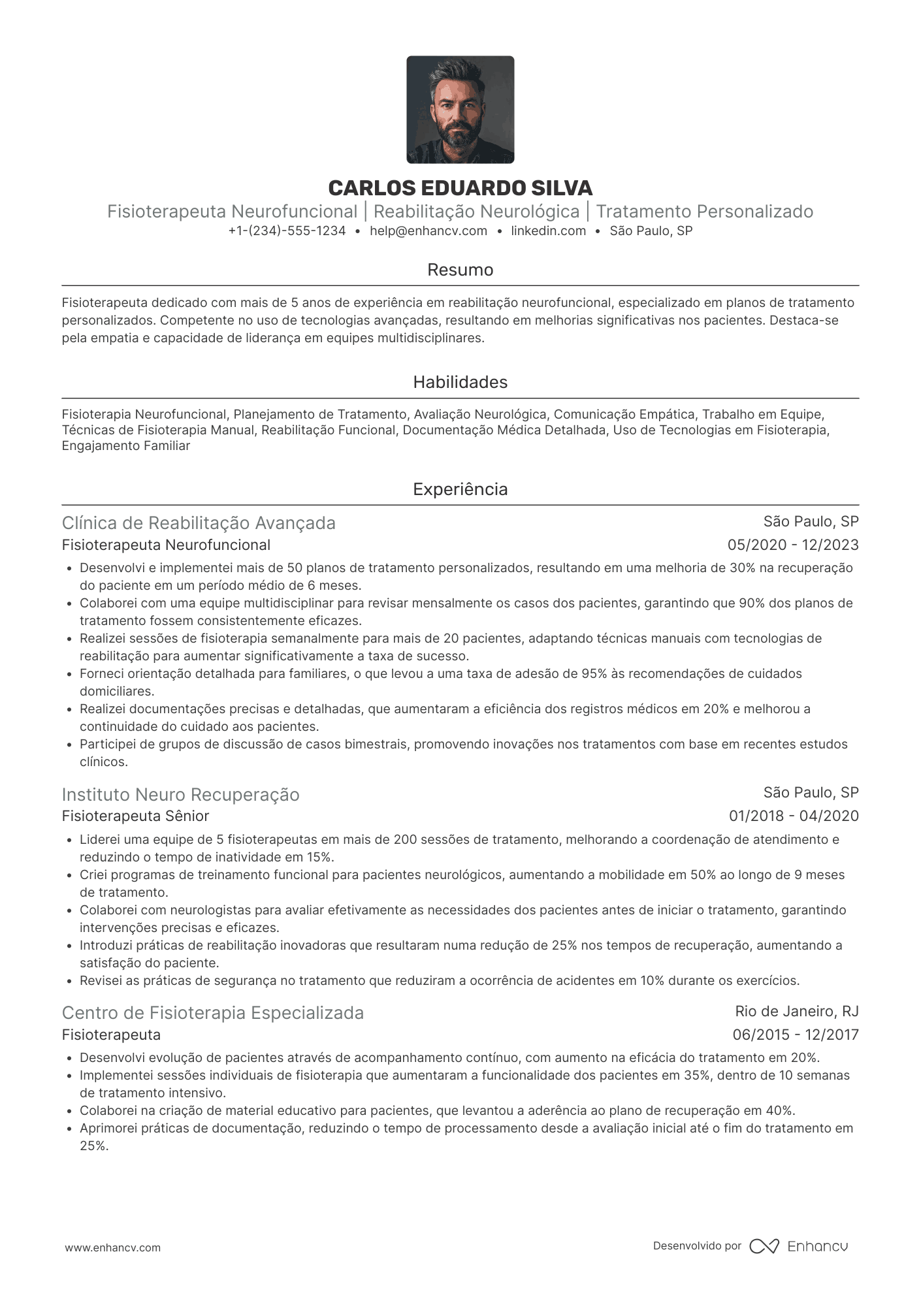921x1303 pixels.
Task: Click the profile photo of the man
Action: pyautogui.click(x=460, y=110)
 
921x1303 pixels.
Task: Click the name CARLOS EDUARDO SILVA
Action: pyautogui.click(x=460, y=188)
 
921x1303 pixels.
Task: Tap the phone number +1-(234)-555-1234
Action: pyautogui.click(x=287, y=231)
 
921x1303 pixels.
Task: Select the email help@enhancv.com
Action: pyautogui.click(x=428, y=231)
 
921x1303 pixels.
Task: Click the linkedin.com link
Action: pyautogui.click(x=548, y=231)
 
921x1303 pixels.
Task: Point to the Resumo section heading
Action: pyautogui.click(x=460, y=270)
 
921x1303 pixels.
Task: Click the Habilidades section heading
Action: pyautogui.click(x=460, y=382)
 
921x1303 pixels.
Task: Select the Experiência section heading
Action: pyautogui.click(x=460, y=489)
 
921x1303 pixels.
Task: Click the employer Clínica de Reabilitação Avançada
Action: pyautogui.click(x=199, y=523)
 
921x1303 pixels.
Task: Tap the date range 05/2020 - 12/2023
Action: pyautogui.click(x=793, y=545)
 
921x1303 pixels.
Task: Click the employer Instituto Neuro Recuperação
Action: pyautogui.click(x=180, y=794)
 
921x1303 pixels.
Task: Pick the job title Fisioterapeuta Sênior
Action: pyautogui.click(x=135, y=816)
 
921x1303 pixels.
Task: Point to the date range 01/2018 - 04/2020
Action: pyautogui.click(x=794, y=816)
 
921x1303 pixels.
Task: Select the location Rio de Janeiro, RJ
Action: pyautogui.click(x=796, y=1012)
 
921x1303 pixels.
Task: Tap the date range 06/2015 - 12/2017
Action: pyautogui.click(x=795, y=1035)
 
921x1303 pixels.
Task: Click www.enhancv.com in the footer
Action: pyautogui.click(x=112, y=1247)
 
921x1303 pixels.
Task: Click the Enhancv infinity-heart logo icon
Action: pyautogui.click(x=764, y=1246)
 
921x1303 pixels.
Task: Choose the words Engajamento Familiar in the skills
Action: pyautogui.click(x=125, y=446)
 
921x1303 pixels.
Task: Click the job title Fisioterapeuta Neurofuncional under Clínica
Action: pyautogui.click(x=166, y=545)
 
